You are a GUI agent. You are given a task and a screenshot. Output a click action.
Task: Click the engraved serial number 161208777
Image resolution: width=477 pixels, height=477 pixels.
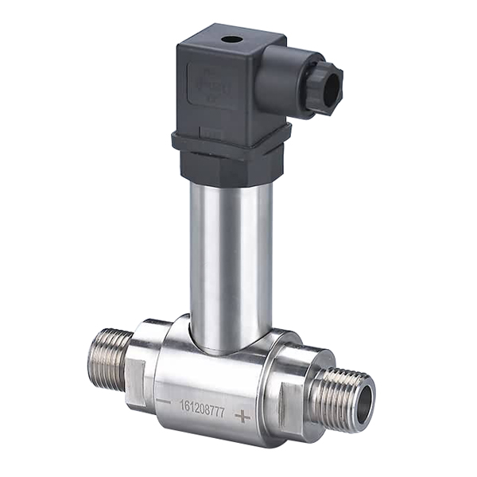(x=203, y=405)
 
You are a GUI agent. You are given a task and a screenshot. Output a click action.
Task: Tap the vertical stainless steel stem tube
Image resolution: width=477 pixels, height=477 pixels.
(x=231, y=254)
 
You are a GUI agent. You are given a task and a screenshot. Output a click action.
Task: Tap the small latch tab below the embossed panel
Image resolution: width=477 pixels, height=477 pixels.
(x=211, y=127)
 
